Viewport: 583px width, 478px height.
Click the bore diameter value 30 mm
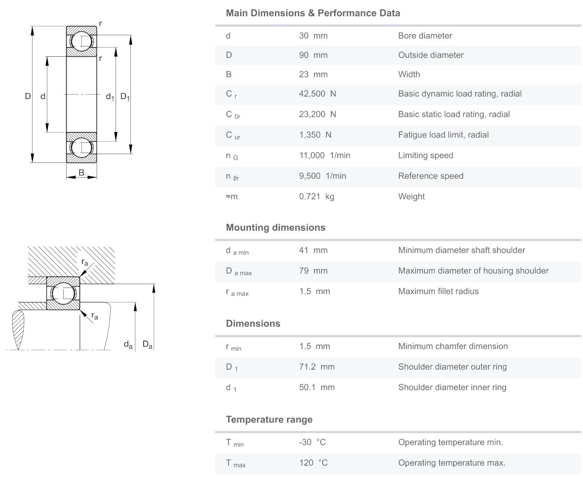click(x=313, y=36)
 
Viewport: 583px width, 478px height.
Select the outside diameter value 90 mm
click(x=313, y=55)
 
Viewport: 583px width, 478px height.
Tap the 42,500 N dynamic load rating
click(x=317, y=94)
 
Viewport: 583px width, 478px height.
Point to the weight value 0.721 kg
click(x=317, y=196)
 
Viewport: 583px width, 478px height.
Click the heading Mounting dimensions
click(x=275, y=227)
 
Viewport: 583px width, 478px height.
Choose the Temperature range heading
click(x=269, y=420)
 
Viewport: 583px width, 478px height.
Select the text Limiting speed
click(x=425, y=155)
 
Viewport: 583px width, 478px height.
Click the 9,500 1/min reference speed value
click(x=322, y=176)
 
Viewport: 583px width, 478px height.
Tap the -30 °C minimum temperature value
click(x=312, y=442)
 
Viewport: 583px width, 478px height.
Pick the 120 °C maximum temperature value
click(x=313, y=463)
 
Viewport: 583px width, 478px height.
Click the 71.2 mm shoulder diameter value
click(x=317, y=367)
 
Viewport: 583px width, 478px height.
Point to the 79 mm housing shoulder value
click(x=313, y=271)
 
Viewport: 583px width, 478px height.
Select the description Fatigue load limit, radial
click(x=443, y=135)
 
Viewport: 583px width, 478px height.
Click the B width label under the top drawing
click(x=81, y=173)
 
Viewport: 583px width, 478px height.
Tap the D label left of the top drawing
click(x=28, y=96)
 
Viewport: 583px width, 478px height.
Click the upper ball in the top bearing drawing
click(x=81, y=41)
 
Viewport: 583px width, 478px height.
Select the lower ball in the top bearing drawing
click(x=81, y=147)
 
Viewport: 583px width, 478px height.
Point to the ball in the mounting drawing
click(x=63, y=293)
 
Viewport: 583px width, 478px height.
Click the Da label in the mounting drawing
click(x=147, y=344)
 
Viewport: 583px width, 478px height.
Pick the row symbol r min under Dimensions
click(x=233, y=347)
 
